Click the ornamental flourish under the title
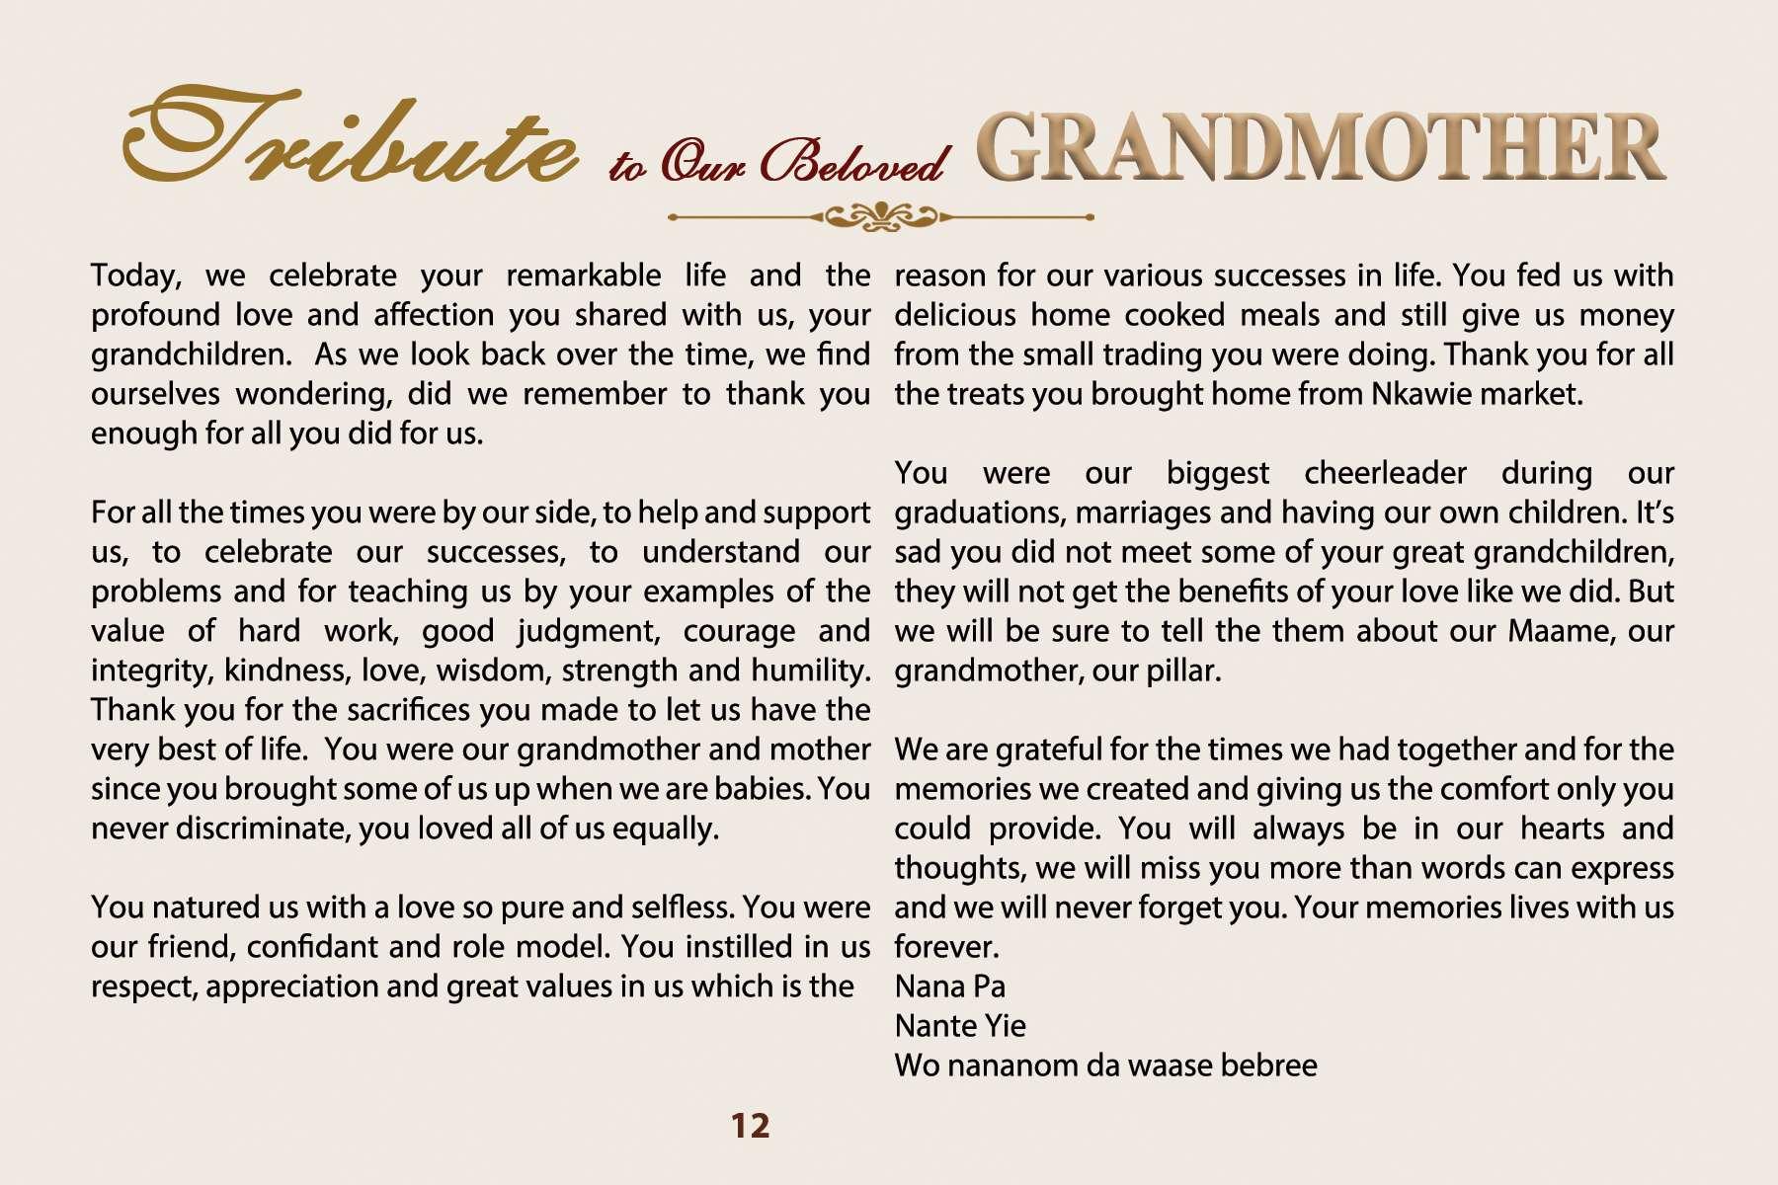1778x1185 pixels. click(880, 216)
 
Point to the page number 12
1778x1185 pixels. click(750, 1126)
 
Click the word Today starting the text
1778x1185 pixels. click(135, 276)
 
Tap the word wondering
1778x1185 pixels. click(316, 394)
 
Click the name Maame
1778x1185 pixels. click(1560, 631)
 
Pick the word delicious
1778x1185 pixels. click(954, 315)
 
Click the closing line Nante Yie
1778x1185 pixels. click(960, 1026)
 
